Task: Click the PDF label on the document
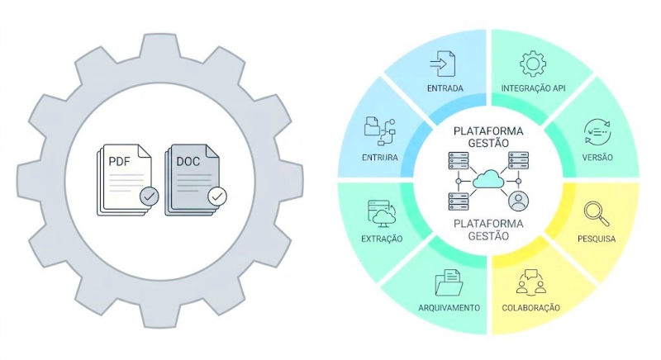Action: tap(119, 161)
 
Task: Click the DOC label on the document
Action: tap(188, 161)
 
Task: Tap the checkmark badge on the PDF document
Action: tap(150, 196)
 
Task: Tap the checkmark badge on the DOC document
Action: tap(217, 196)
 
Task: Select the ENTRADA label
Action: tap(445, 88)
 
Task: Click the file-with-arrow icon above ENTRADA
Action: tap(443, 64)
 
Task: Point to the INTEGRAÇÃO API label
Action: tap(533, 88)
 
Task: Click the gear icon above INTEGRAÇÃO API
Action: tap(533, 64)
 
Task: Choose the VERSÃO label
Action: tap(597, 158)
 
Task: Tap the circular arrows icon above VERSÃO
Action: tap(597, 132)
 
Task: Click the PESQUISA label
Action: tap(597, 239)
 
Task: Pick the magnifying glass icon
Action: tap(597, 214)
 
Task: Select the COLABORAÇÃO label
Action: tap(530, 308)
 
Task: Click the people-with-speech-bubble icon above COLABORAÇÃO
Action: tap(530, 282)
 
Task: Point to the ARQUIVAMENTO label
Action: tap(449, 308)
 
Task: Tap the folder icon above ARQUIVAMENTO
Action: tap(449, 282)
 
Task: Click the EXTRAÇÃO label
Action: tap(382, 239)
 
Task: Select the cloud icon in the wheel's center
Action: tap(488, 179)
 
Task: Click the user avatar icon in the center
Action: tap(519, 201)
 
